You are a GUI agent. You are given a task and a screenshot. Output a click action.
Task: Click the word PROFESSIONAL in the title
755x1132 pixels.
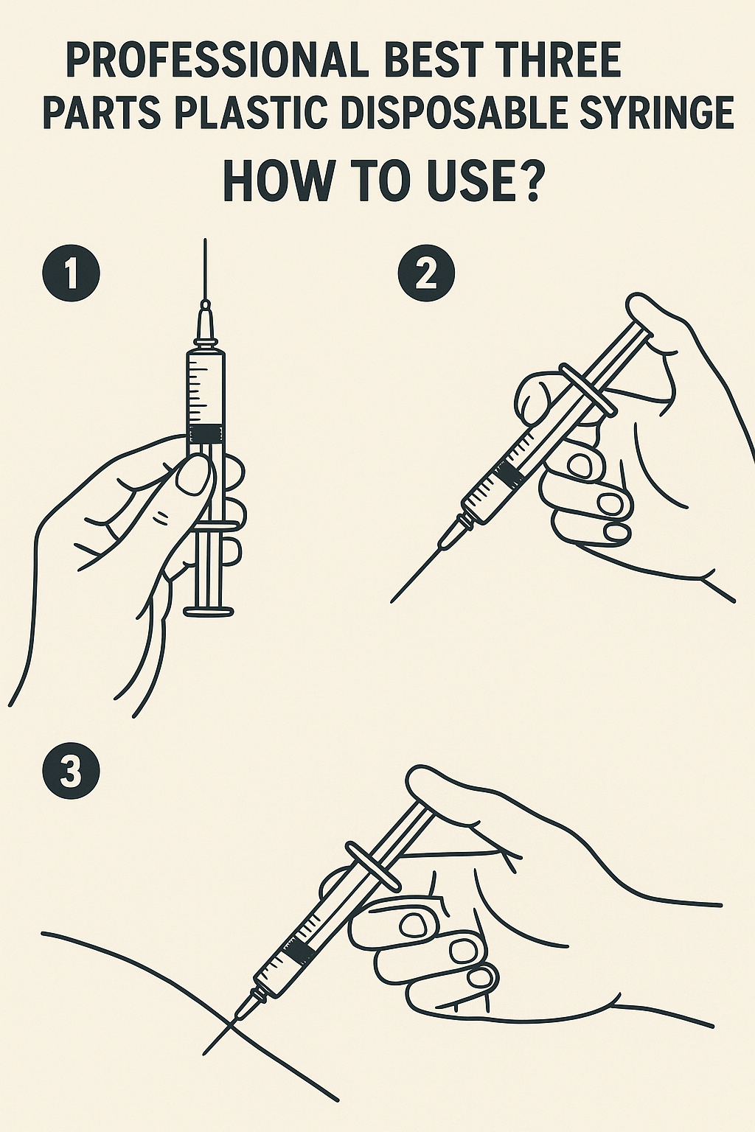coord(215,61)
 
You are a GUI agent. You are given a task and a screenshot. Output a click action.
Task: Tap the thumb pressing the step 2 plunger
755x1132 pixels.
coord(653,324)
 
